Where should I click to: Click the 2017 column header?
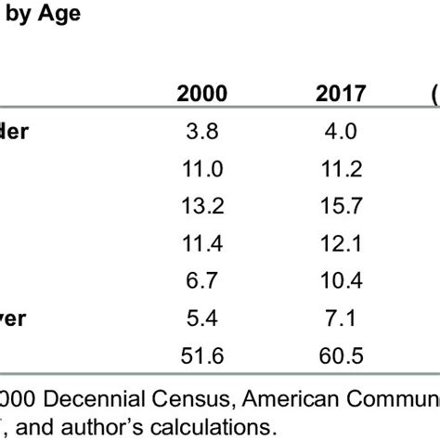click(341, 94)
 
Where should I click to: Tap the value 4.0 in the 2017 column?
click(341, 132)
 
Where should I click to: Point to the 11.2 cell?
click(341, 170)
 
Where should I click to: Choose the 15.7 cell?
click(341, 207)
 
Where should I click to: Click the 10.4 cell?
click(341, 281)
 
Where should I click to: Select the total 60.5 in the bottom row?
click(341, 356)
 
